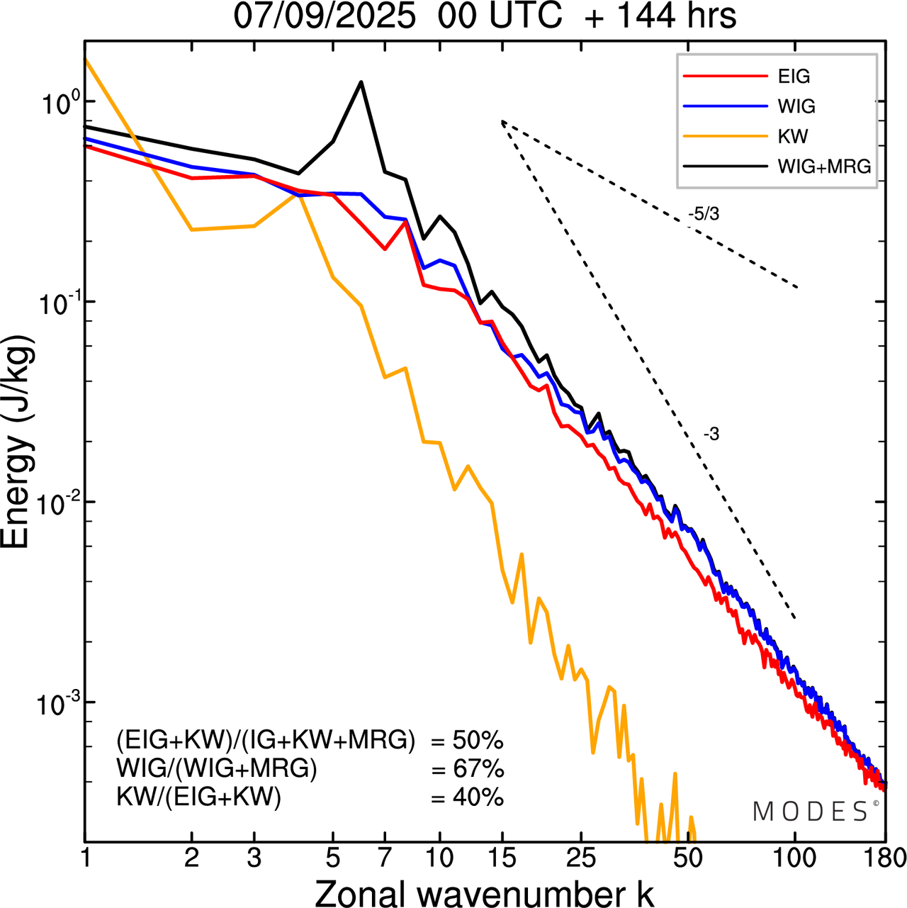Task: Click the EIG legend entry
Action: tap(793, 77)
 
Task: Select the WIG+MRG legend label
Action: tap(824, 167)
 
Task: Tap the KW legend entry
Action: tap(792, 136)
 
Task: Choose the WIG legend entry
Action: tap(796, 106)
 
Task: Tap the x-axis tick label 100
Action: tap(794, 858)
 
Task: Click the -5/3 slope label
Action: tap(704, 214)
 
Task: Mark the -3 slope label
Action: tap(711, 435)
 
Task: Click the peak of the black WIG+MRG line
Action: tap(361, 82)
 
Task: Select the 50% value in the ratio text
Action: tap(476, 741)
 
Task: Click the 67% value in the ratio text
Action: tap(476, 769)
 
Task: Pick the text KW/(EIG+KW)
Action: tap(199, 798)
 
